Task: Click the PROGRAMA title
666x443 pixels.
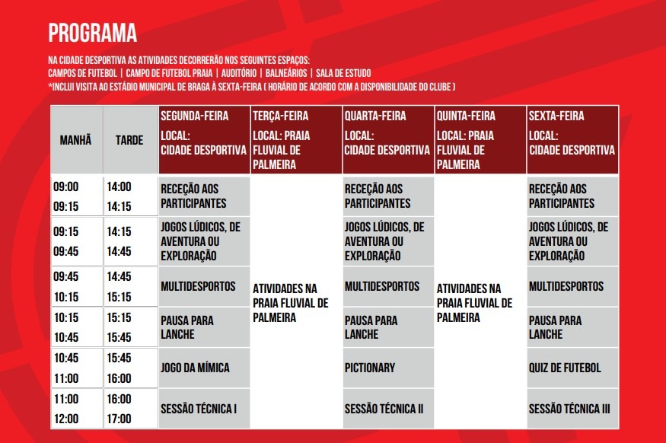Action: click(92, 33)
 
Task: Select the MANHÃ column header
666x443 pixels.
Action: click(76, 140)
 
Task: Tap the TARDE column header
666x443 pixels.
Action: click(129, 140)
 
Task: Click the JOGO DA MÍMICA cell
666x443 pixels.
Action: click(203, 368)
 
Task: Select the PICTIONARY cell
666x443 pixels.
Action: click(387, 368)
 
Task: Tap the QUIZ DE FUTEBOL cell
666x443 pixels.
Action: click(572, 368)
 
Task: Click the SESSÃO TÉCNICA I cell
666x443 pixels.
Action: click(203, 409)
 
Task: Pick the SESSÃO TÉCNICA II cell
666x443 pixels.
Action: click(387, 409)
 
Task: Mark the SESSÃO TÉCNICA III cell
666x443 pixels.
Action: click(572, 409)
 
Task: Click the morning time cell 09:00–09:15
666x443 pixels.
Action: click(76, 196)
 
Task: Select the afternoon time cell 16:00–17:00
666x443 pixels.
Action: click(129, 409)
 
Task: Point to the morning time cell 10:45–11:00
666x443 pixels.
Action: click(76, 368)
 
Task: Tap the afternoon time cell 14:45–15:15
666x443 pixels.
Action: click(129, 286)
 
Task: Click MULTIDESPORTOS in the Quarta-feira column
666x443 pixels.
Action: click(387, 286)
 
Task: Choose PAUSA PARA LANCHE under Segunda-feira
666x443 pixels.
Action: click(203, 327)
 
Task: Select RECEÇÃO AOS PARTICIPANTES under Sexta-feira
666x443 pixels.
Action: click(572, 196)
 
